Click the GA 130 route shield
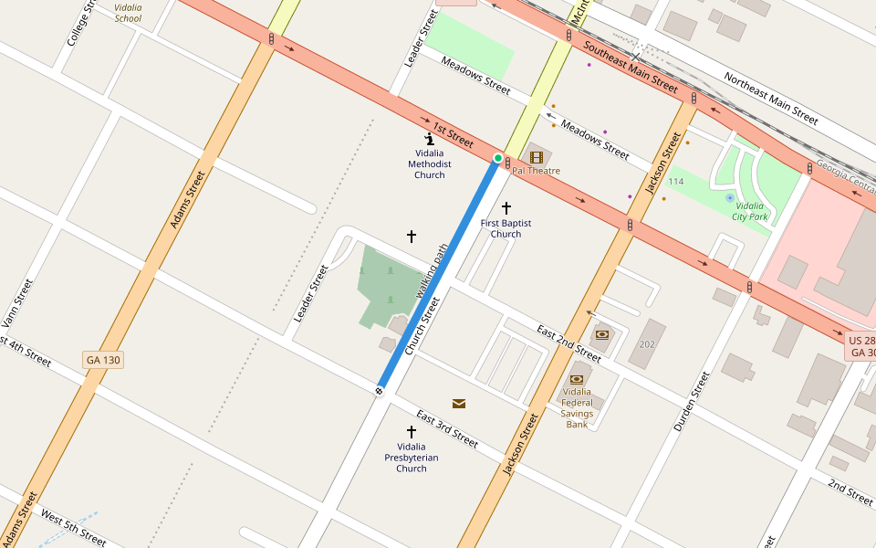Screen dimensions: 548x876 (102, 360)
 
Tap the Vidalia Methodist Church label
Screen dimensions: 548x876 (429, 164)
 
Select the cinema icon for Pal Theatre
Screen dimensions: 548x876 (536, 157)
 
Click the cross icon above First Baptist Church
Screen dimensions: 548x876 (506, 208)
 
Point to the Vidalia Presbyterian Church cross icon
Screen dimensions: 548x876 (412, 431)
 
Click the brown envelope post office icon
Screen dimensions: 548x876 (458, 403)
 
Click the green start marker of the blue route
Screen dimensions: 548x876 (497, 158)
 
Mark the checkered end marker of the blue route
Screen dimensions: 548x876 (379, 391)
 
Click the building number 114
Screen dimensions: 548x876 (674, 183)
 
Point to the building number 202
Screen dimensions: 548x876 (647, 344)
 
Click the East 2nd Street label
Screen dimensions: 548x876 (568, 342)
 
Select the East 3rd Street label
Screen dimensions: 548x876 (446, 428)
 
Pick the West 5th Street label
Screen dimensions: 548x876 (73, 531)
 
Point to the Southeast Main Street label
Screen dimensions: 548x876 (631, 68)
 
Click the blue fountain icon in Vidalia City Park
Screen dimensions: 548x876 (728, 197)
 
